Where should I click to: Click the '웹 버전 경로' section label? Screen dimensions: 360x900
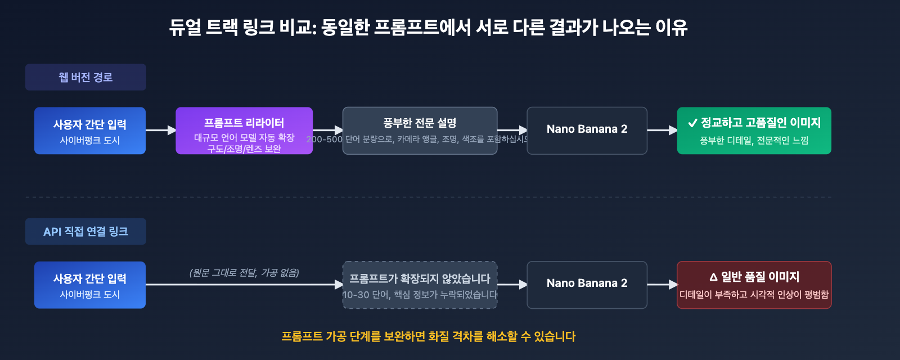[85, 77]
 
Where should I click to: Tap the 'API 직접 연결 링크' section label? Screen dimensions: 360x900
[85, 231]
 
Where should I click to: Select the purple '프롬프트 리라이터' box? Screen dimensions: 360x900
[244, 130]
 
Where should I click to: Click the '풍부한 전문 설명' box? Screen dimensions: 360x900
[420, 130]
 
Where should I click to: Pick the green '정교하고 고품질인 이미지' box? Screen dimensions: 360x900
[754, 130]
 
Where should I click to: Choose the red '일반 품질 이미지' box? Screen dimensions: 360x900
[754, 285]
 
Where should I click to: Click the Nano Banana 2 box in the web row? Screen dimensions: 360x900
[587, 130]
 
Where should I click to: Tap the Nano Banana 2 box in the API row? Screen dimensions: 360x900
[587, 285]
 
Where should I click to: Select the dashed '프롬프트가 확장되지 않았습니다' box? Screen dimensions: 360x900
[420, 285]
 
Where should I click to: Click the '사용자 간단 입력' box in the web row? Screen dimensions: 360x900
[90, 130]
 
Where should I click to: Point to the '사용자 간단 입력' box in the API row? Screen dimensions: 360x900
[90, 285]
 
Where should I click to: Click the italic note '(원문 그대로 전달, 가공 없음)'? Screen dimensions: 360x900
[244, 273]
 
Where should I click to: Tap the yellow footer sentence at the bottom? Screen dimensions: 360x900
[428, 336]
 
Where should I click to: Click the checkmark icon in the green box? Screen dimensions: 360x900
[692, 123]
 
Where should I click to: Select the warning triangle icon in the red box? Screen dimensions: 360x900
[713, 277]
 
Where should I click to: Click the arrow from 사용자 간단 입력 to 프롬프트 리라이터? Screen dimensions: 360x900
[161, 130]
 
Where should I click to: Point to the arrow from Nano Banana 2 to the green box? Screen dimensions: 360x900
[662, 130]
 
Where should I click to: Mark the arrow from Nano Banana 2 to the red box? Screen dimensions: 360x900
[662, 285]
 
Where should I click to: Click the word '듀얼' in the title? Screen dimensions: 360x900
[185, 27]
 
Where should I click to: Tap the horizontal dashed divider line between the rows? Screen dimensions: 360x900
[428, 197]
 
